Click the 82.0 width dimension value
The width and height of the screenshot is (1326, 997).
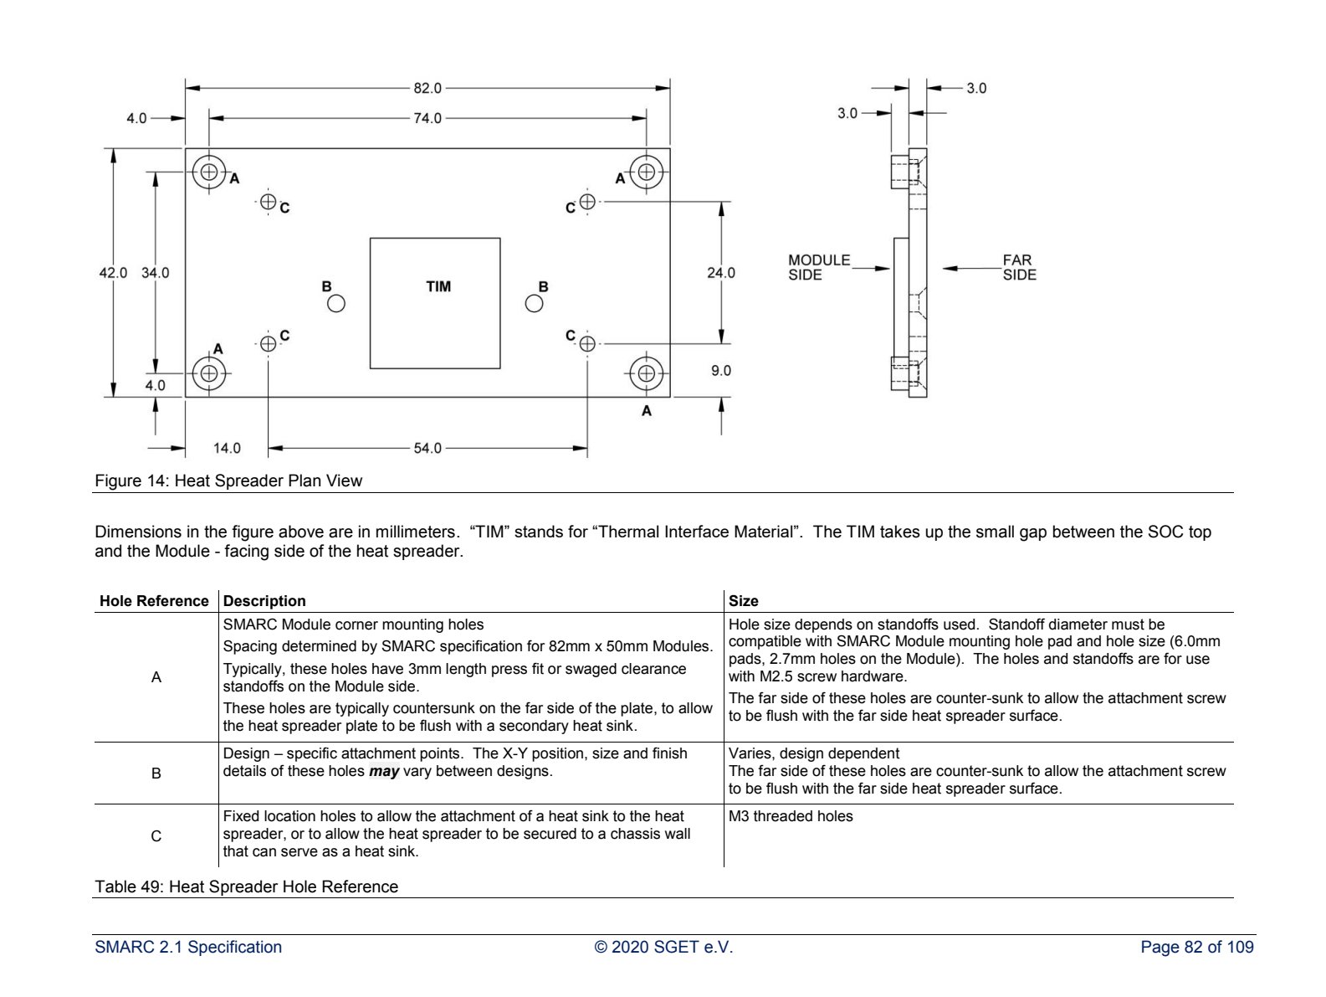427,88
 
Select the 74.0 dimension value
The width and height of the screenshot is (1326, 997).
427,118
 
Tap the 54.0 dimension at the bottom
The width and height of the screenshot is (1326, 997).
427,449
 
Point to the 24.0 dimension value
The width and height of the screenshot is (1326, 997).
720,273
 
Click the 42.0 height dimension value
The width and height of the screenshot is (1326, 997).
113,273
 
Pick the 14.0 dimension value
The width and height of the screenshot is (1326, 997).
227,449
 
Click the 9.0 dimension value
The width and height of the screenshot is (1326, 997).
720,370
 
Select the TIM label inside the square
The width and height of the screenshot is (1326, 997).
438,286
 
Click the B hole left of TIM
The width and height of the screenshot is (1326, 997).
335,303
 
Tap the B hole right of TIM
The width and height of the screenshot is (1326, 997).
534,303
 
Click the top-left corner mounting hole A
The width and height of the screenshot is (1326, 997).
208,172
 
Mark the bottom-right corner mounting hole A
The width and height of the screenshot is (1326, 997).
646,373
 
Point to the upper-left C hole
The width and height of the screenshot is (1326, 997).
268,201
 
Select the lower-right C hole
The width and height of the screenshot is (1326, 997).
586,344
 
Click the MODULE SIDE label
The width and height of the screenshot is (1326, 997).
818,267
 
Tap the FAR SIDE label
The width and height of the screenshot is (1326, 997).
1019,267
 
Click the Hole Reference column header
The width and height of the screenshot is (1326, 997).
154,600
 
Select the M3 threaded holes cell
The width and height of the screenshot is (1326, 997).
791,815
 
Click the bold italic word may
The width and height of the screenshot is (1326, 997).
384,772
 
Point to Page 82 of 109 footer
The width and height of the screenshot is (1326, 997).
1196,947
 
